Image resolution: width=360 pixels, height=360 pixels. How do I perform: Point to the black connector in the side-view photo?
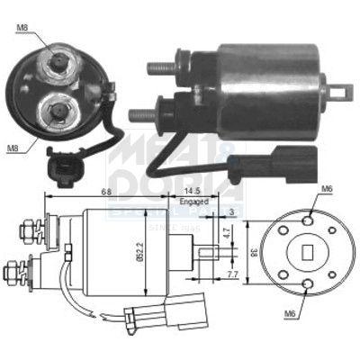coord(286,167)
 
